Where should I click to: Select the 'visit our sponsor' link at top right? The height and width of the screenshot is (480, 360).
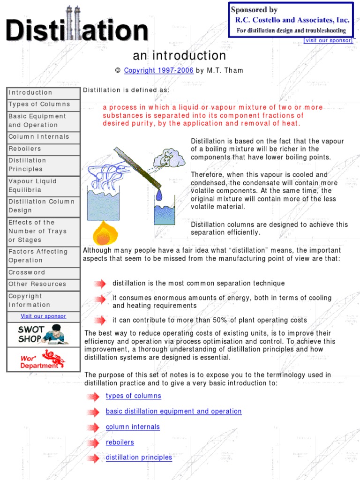click(x=328, y=40)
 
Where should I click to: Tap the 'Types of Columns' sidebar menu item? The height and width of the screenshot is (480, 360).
click(x=39, y=104)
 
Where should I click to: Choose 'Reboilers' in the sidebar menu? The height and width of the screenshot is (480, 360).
click(x=25, y=149)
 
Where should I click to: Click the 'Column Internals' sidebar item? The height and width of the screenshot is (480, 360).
click(x=39, y=137)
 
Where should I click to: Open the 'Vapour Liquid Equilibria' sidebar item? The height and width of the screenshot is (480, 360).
click(x=33, y=186)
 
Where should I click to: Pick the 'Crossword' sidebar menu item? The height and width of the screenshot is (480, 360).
click(x=27, y=272)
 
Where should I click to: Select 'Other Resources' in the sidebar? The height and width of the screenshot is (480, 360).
click(x=37, y=284)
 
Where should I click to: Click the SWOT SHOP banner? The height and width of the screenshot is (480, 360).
click(x=43, y=334)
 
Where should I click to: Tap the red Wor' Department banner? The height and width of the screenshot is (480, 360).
click(x=43, y=360)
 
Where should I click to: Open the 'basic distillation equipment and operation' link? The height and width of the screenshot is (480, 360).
click(x=173, y=412)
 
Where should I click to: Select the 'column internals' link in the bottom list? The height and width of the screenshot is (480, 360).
click(x=133, y=427)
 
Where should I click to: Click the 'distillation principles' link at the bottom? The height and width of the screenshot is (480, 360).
click(x=139, y=457)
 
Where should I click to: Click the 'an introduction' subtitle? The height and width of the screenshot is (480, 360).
click(x=180, y=56)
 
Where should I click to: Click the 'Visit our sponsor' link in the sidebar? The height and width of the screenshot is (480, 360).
click(x=43, y=316)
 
